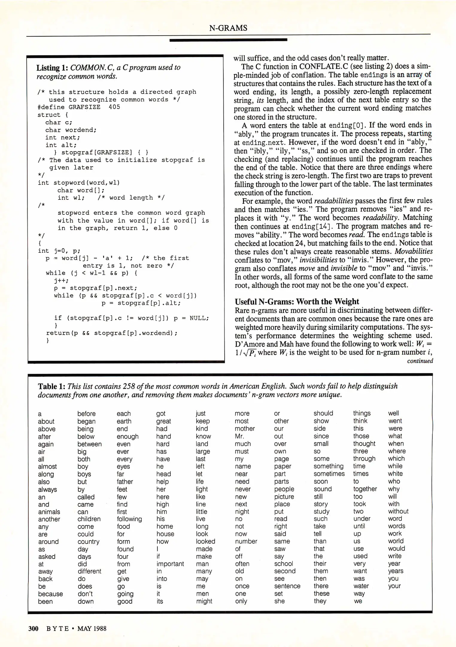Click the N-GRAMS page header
coord(228,28)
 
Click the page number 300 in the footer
coord(33,628)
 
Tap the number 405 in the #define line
coord(114,107)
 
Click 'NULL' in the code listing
coord(199,318)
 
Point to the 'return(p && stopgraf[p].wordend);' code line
coord(112,333)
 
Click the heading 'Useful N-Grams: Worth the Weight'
coord(297,301)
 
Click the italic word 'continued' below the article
coord(420,361)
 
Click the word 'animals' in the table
coord(49,512)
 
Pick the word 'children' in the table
coord(89,519)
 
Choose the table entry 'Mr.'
coord(240,436)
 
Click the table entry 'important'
coord(170,564)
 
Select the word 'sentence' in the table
coord(287,586)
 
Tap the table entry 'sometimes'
coord(329,474)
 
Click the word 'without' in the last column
coord(398,511)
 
